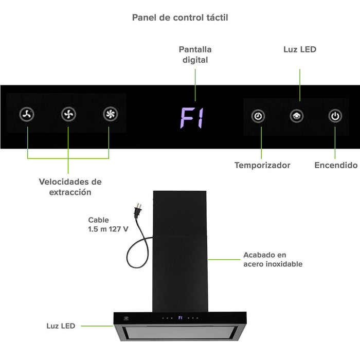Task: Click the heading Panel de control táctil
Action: (x=180, y=17)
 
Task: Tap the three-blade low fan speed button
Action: (x=27, y=115)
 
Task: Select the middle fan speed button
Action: (x=68, y=115)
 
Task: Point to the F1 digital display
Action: (x=192, y=118)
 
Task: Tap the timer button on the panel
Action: (x=258, y=116)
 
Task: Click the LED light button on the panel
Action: (x=296, y=116)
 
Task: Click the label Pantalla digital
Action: (x=195, y=55)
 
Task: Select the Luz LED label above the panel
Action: (x=300, y=49)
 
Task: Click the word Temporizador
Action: (x=262, y=165)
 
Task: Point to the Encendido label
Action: (x=336, y=165)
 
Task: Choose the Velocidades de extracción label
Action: (x=70, y=187)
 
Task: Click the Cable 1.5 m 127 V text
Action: (x=108, y=225)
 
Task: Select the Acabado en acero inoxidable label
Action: (x=273, y=259)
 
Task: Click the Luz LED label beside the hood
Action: (x=61, y=326)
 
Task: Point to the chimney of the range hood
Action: (x=180, y=247)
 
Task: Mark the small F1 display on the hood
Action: (x=181, y=318)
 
